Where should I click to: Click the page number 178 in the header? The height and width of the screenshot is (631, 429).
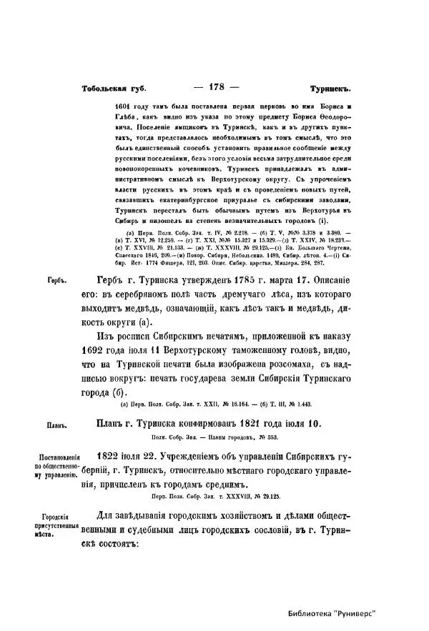point(214,86)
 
